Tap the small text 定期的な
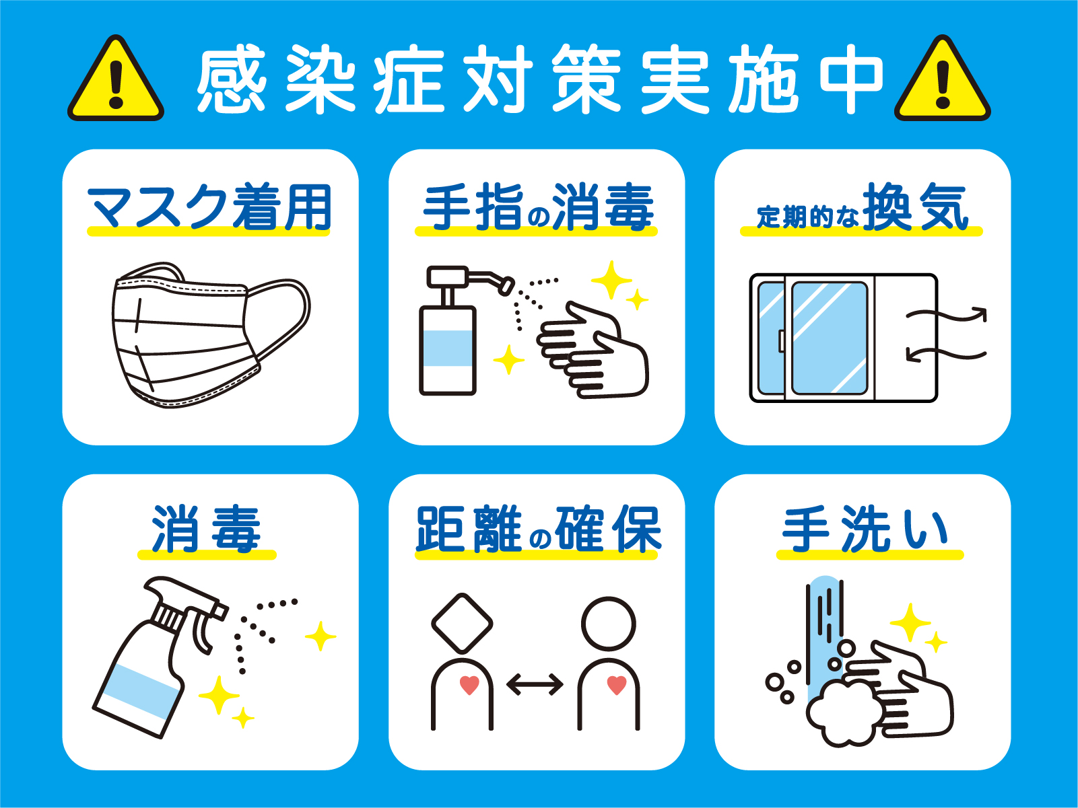pyautogui.click(x=808, y=217)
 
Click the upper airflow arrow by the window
pyautogui.click(x=946, y=316)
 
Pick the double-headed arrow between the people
pyautogui.click(x=535, y=685)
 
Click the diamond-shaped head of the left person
pyautogui.click(x=462, y=623)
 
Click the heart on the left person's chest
pyautogui.click(x=469, y=686)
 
